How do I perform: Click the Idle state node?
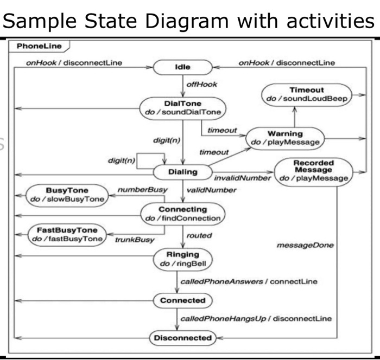tap(183, 68)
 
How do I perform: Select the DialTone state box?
tap(182, 107)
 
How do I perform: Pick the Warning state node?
tap(285, 138)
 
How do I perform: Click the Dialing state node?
tap(182, 172)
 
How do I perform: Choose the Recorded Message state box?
tap(313, 170)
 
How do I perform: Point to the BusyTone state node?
tap(67, 195)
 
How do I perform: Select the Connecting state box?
tap(182, 214)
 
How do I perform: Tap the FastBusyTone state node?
tap(67, 234)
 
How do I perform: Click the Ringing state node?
tap(182, 259)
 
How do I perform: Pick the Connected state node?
tap(182, 300)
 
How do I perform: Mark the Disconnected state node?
tap(182, 338)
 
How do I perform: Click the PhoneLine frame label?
tap(40, 46)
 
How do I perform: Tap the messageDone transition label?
tap(305, 246)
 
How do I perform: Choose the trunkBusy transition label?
tap(135, 239)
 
